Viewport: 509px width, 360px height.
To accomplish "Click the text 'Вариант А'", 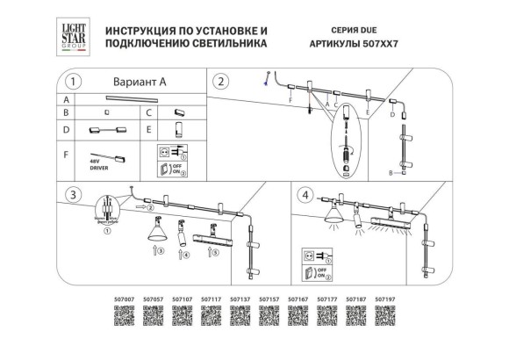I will pyautogui.click(x=139, y=82).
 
